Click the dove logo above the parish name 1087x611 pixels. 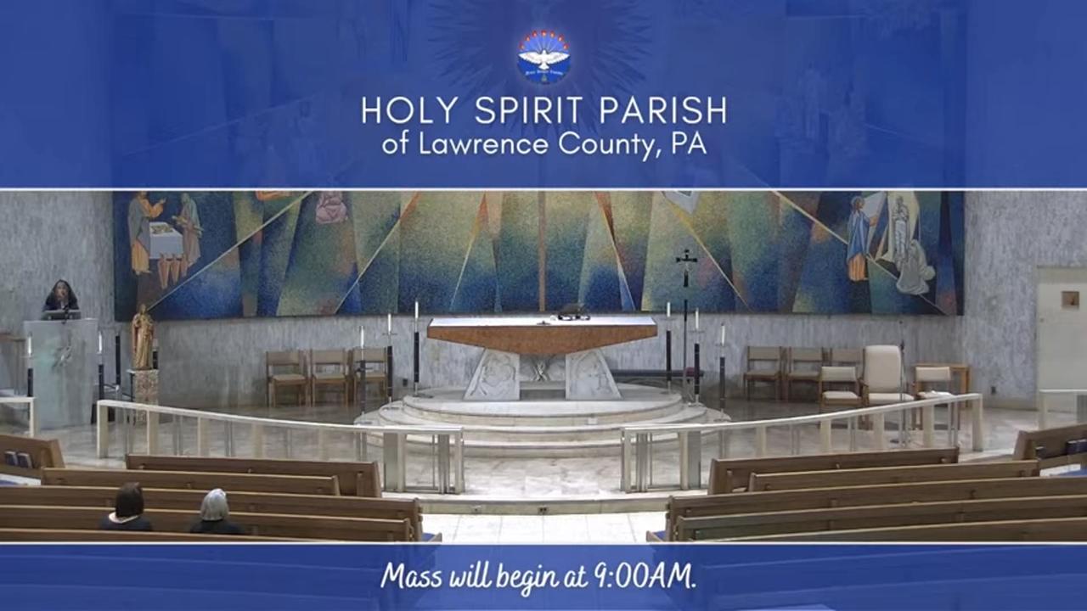click(x=544, y=56)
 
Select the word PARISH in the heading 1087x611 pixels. click(x=663, y=110)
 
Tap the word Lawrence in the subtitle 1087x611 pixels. click(x=483, y=144)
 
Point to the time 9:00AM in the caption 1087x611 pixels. click(x=645, y=576)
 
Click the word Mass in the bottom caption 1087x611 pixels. click(x=411, y=577)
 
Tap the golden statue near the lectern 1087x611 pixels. click(x=143, y=337)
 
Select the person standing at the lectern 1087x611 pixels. click(x=61, y=297)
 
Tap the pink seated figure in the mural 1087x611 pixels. click(x=331, y=208)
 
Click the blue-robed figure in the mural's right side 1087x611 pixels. click(x=859, y=238)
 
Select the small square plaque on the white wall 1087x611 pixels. click(x=1070, y=300)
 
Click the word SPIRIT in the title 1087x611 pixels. click(x=528, y=110)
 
